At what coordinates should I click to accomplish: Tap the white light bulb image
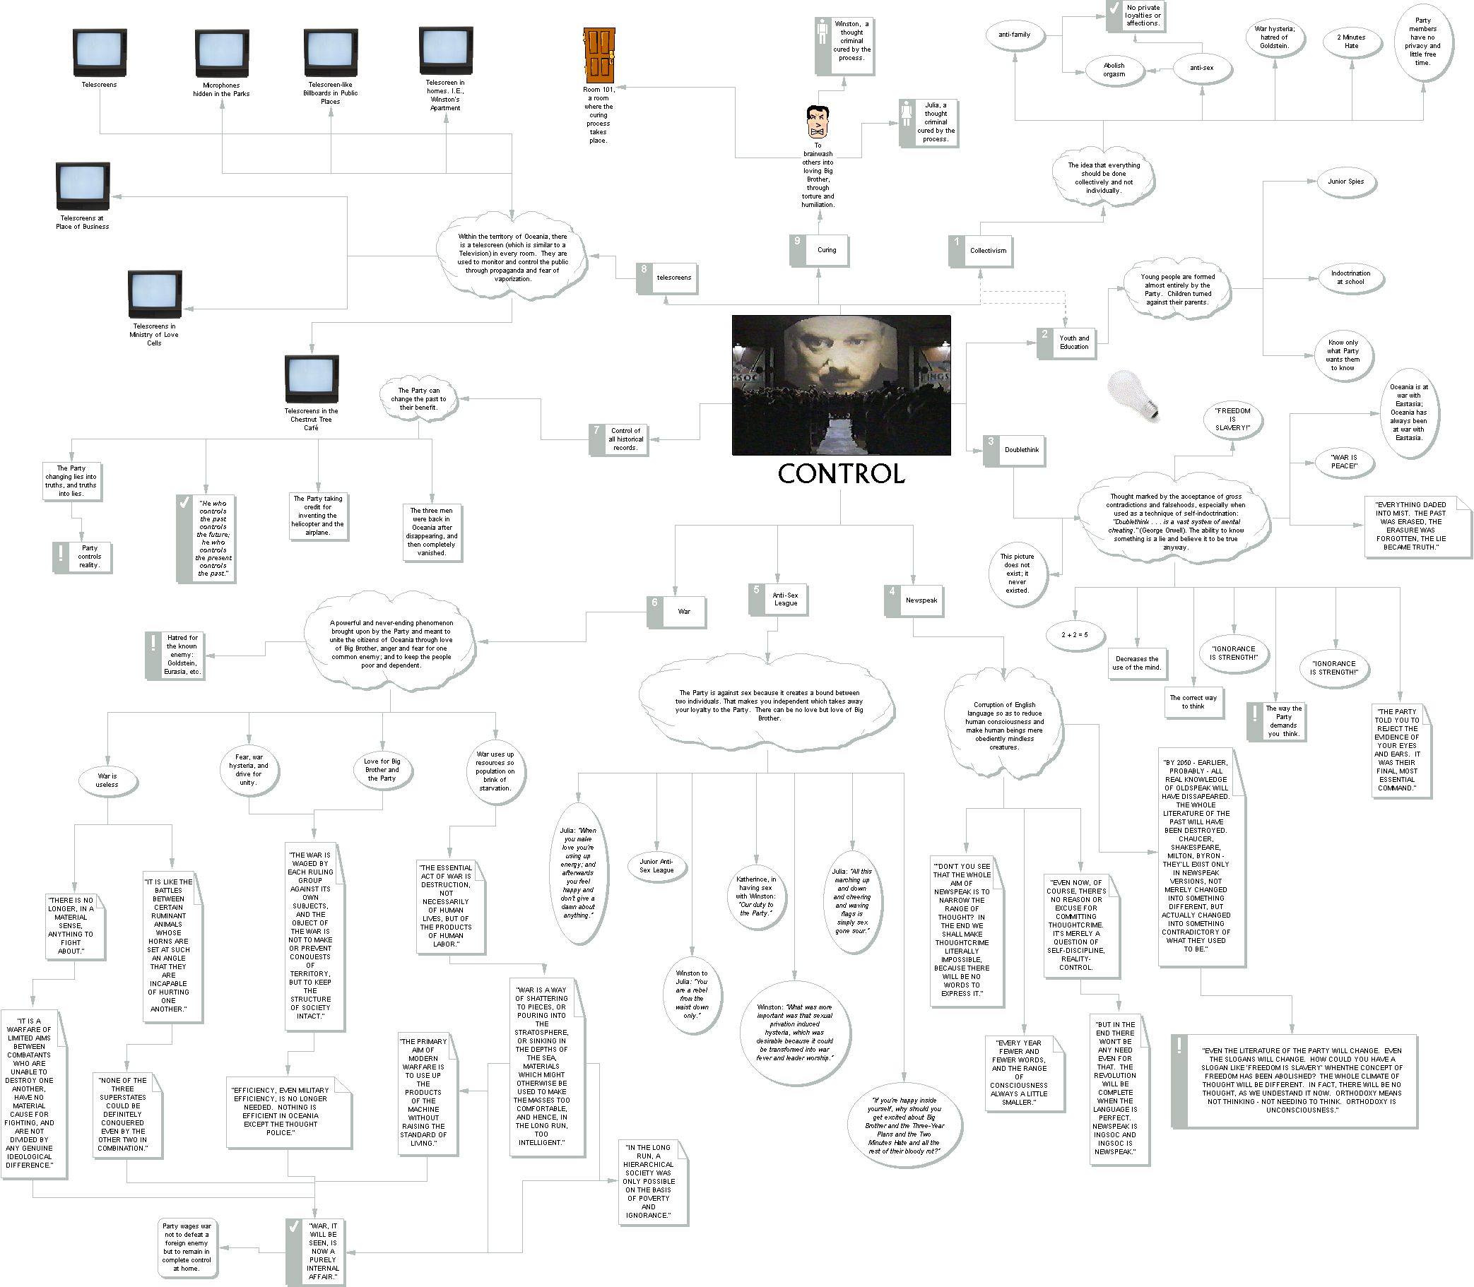click(x=1134, y=396)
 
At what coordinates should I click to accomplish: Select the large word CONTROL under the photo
click(x=841, y=473)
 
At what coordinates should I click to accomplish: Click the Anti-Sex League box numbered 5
click(x=778, y=600)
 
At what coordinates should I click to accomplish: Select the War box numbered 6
click(x=677, y=612)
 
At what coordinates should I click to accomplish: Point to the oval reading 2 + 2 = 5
click(x=1075, y=635)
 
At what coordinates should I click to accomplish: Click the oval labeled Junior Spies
click(x=1346, y=182)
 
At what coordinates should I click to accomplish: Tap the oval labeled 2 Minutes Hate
click(x=1351, y=42)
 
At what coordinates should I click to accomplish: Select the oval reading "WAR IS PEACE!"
click(x=1343, y=462)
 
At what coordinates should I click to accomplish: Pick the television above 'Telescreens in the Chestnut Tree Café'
click(x=311, y=379)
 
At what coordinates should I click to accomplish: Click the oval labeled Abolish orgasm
click(x=1114, y=71)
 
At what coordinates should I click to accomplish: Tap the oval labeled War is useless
click(x=107, y=781)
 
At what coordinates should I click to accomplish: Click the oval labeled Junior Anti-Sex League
click(x=656, y=865)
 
